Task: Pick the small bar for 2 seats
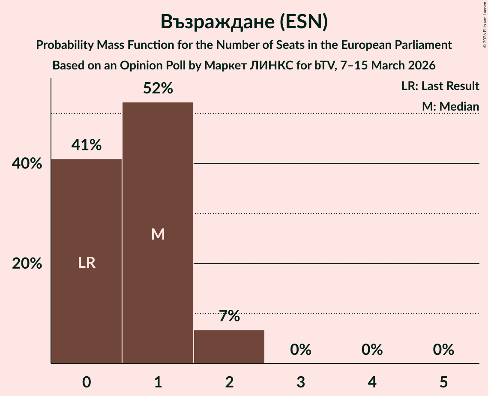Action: click(229, 347)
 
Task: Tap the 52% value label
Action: click(158, 88)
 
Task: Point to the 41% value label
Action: click(87, 145)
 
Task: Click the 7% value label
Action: click(229, 317)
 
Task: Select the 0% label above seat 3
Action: click(301, 350)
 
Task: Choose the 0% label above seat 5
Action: click(443, 350)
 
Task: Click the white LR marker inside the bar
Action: click(87, 263)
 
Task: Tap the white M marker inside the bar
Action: click(158, 234)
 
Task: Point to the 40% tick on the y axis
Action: click(27, 164)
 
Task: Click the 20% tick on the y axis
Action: click(27, 264)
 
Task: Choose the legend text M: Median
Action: click(450, 106)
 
